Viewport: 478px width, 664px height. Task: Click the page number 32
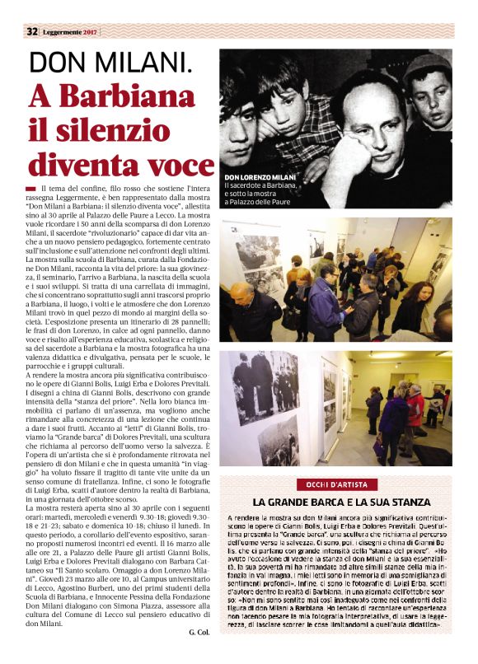[32, 31]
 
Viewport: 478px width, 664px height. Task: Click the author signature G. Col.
[199, 632]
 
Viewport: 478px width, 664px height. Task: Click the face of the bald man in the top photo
[371, 107]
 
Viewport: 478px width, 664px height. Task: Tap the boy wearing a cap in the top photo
[427, 91]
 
